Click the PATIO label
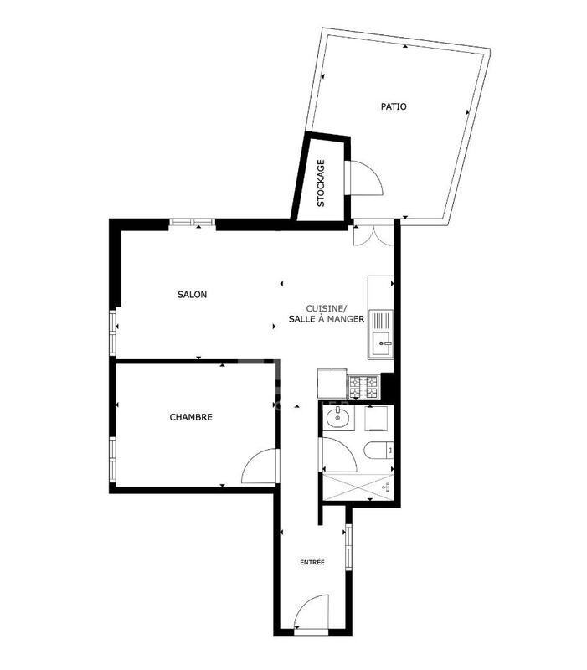(x=394, y=106)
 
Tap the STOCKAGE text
(x=321, y=183)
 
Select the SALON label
(x=192, y=295)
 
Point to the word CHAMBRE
(x=191, y=417)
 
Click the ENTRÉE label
(x=312, y=562)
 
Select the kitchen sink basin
(x=382, y=341)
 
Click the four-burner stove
(x=364, y=386)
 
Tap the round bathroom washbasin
(x=336, y=418)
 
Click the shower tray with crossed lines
(x=358, y=486)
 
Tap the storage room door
(x=365, y=178)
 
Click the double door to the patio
(x=369, y=234)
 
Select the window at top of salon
(x=192, y=223)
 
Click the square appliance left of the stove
(x=332, y=384)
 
